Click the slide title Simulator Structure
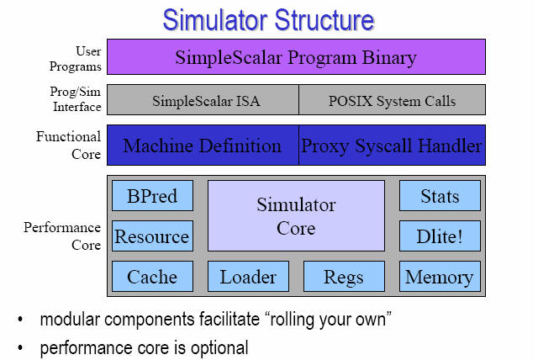[268, 20]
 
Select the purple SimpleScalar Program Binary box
[296, 57]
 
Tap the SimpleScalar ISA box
[203, 100]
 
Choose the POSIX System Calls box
[393, 100]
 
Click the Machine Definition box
[203, 146]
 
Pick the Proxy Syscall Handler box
[393, 146]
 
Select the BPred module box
[152, 196]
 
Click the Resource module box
[152, 236]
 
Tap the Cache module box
[152, 277]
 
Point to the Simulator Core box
[296, 216]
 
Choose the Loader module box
[248, 277]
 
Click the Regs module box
[344, 277]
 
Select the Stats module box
[440, 196]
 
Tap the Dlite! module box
[440, 236]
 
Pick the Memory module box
[440, 277]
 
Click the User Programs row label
[76, 59]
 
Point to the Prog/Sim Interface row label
[76, 99]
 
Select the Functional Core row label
[69, 146]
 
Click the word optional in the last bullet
[219, 348]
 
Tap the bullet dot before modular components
[20, 320]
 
